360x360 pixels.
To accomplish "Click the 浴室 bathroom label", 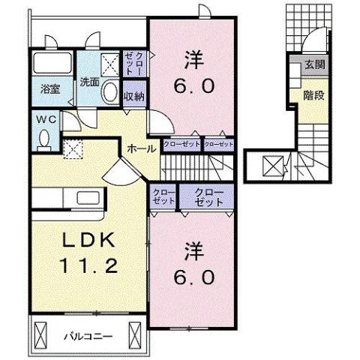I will pos(52,85).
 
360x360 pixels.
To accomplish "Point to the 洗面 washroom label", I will pos(90,82).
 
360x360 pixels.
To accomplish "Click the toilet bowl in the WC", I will pos(44,138).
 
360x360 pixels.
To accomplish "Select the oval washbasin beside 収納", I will pos(111,93).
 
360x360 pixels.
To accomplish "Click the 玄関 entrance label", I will pos(315,65).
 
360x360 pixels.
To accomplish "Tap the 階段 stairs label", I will pos(314,95).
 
